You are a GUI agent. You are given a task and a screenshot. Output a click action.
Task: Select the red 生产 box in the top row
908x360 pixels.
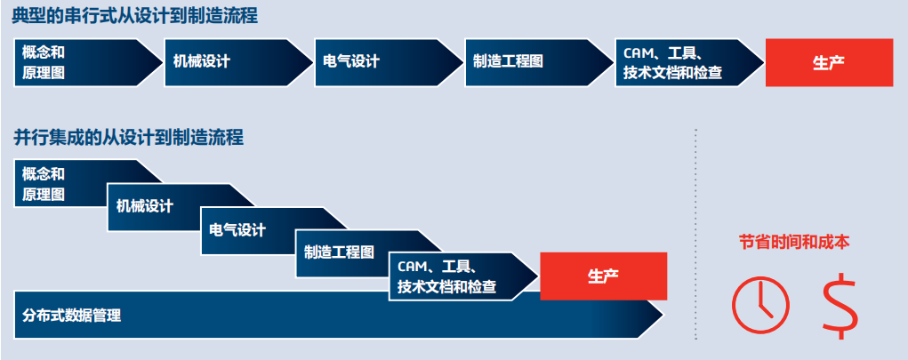click(829, 62)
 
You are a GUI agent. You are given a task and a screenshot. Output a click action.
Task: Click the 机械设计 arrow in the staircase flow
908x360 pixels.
click(160, 206)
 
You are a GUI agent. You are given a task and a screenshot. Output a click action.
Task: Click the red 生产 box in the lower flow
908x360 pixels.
click(603, 276)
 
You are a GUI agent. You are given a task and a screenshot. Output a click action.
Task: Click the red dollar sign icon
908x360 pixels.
click(840, 303)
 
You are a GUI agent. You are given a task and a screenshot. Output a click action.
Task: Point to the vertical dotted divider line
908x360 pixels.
click(695, 231)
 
